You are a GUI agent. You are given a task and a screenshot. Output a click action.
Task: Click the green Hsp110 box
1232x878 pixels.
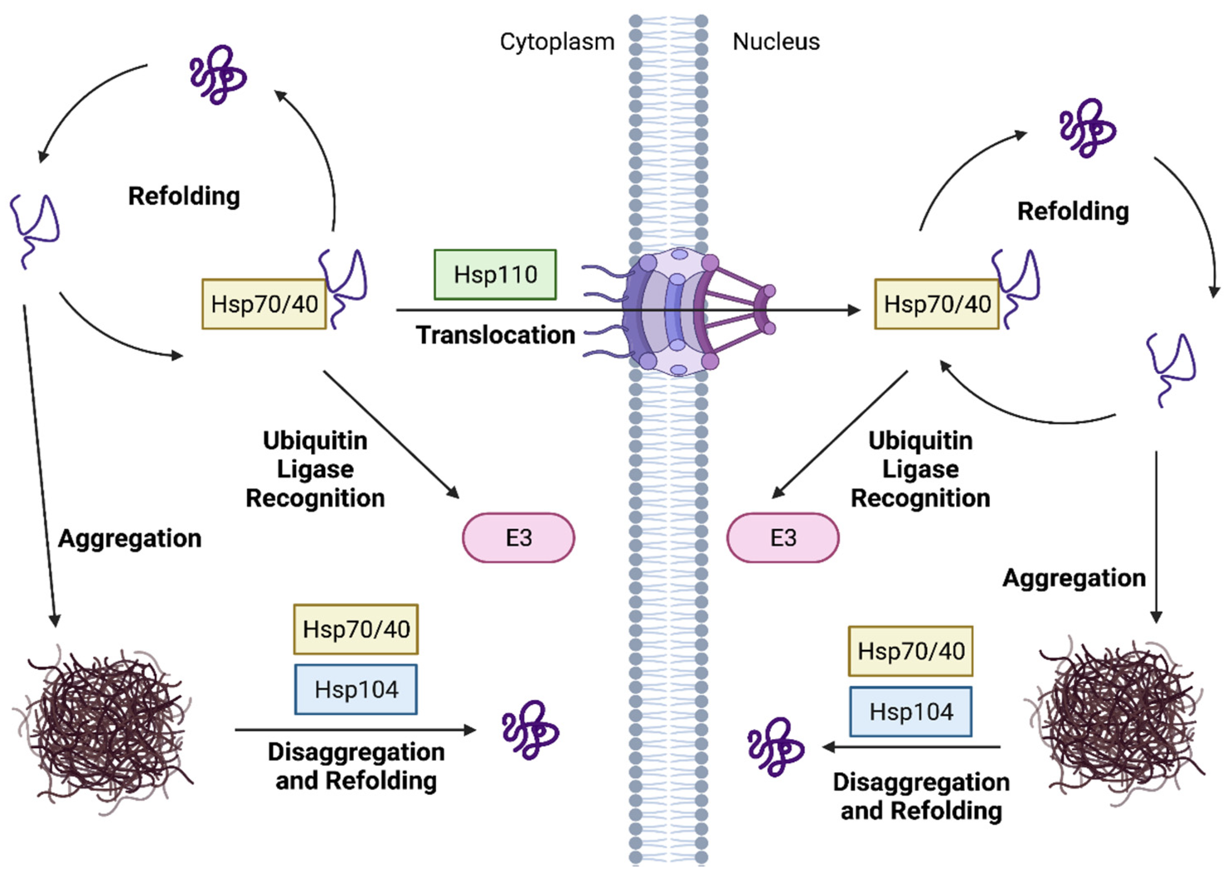(495, 275)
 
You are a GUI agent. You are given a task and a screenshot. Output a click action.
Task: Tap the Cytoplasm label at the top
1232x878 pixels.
(557, 42)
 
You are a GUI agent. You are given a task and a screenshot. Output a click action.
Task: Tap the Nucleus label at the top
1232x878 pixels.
(775, 42)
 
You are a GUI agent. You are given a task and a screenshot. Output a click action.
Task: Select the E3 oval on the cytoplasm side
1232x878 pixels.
(518, 537)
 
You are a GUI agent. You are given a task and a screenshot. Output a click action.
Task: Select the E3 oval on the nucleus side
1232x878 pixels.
(782, 537)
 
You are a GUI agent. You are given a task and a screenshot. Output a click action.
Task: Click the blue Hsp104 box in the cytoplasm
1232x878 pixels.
(356, 690)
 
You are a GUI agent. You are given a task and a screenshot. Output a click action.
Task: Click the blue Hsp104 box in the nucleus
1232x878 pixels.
(911, 712)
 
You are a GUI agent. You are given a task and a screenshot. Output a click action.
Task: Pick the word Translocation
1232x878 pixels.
(495, 335)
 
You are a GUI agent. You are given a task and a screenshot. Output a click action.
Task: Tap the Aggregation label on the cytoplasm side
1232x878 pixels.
(130, 538)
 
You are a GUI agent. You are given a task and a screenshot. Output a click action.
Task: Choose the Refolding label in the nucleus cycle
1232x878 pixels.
(1073, 211)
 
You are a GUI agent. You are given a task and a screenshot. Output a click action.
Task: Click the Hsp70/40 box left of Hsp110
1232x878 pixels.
(264, 304)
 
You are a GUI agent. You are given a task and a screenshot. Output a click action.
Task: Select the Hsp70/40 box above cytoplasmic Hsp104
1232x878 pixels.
(356, 629)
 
